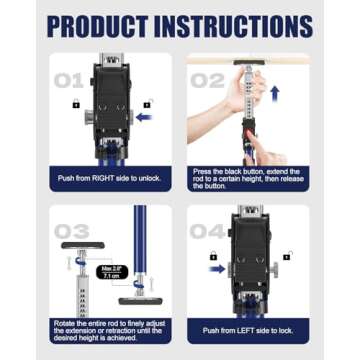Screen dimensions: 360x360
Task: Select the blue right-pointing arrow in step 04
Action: pos(217,268)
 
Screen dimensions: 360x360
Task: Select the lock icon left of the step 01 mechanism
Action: pos(75,104)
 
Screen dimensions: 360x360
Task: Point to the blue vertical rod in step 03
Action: pos(140,240)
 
